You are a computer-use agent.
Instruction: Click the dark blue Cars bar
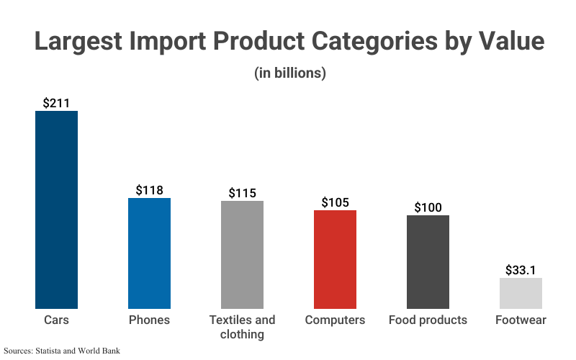point(56,210)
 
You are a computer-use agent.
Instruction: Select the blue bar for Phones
point(149,253)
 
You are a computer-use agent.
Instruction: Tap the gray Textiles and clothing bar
point(242,255)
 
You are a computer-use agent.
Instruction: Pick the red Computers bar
point(335,259)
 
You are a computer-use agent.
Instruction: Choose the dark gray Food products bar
point(428,262)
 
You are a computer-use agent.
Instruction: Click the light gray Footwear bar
point(521,293)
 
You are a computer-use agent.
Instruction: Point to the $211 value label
point(56,103)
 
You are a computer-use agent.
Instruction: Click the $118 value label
point(149,190)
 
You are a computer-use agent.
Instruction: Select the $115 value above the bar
point(242,193)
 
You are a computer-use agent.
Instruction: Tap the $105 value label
point(335,202)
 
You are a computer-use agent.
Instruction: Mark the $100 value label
point(428,207)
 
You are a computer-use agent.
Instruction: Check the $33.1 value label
point(521,270)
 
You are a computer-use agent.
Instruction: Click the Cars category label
point(56,320)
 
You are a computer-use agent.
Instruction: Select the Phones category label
point(149,320)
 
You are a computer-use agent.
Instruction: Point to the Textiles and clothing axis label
point(242,327)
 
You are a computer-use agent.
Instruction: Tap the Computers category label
point(335,320)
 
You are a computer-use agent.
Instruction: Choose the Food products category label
point(428,320)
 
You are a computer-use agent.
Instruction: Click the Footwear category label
point(521,320)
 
